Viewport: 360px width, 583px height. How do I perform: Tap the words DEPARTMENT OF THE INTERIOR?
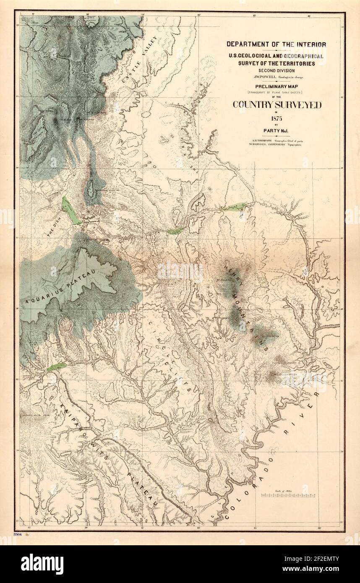(x=277, y=44)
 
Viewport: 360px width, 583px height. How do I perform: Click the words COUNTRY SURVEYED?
(x=277, y=105)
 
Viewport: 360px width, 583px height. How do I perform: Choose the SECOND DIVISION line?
(x=277, y=70)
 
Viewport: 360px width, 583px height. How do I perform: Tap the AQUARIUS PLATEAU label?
(x=61, y=286)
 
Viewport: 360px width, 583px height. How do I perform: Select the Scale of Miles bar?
(x=288, y=495)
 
